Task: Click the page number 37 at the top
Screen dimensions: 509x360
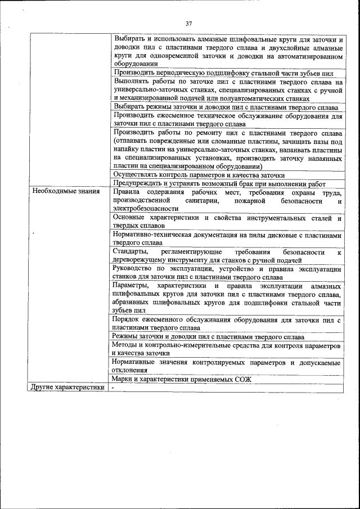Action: (189, 23)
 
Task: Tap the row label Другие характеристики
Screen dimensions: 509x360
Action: (67, 388)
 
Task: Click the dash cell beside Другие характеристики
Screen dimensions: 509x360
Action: (113, 388)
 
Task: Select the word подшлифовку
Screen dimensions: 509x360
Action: (213, 73)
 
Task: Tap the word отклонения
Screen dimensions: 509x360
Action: (130, 370)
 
